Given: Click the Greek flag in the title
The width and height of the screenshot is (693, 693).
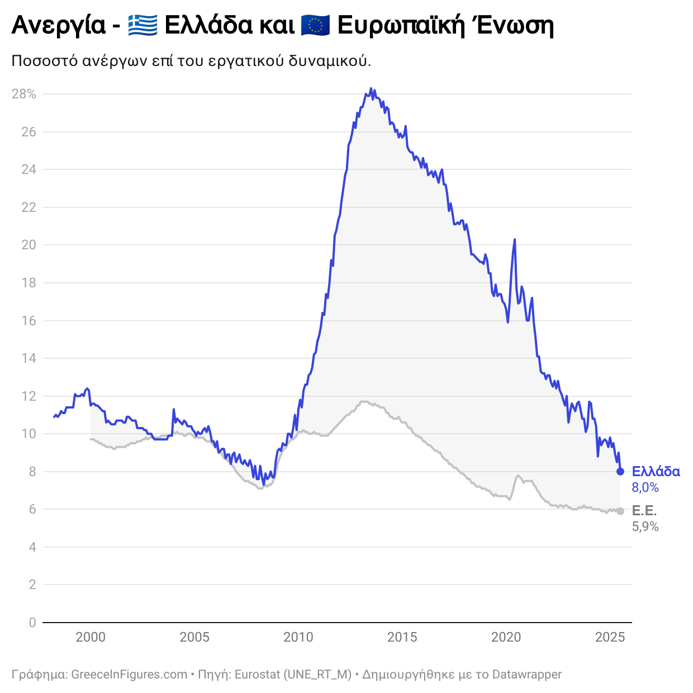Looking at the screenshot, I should point(143,26).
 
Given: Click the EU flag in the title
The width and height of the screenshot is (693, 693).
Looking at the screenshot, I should point(315,26).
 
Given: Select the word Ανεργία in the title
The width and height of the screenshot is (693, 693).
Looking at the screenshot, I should point(58,26).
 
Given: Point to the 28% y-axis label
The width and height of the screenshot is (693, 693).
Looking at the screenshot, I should point(24,94).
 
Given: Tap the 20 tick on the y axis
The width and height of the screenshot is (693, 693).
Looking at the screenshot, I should point(29,245).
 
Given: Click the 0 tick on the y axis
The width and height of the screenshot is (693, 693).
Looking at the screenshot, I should point(32,623).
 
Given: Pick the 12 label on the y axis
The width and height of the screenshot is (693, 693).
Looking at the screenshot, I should point(29,396).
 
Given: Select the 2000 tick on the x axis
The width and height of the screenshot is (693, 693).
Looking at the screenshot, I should point(91,637).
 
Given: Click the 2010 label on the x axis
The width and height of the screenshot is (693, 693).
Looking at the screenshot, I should point(298,637).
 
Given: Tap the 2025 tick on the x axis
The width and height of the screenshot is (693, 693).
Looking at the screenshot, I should point(610,637).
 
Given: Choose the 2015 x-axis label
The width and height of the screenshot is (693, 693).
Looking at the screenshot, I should point(402,637).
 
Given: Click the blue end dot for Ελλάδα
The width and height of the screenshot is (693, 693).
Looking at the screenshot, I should point(620,472).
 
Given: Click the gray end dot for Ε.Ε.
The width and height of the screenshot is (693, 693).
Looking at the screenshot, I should point(620,511).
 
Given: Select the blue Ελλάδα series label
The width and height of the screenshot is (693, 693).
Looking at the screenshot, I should point(656,472).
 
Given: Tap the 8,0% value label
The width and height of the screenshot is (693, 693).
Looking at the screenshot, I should point(645,487).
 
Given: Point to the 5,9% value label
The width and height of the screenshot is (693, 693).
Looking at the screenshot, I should point(645,526).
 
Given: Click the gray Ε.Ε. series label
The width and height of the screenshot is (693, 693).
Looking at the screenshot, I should point(644,511).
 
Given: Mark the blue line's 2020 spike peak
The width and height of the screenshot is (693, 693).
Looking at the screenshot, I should point(514,240).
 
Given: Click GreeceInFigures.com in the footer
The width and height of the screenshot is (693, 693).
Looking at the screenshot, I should point(129,675).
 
